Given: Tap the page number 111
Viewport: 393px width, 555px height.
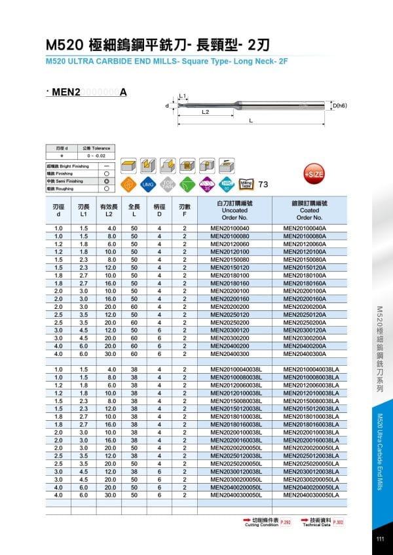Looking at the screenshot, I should [380, 539].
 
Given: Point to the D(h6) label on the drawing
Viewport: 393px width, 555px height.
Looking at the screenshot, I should [339, 105].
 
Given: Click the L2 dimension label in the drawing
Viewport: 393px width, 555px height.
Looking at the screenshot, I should [205, 112].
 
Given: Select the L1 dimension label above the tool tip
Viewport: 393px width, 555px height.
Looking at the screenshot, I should [183, 96].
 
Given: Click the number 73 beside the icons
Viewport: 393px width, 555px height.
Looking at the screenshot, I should [263, 184].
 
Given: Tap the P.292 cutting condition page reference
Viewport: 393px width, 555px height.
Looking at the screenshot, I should [286, 522].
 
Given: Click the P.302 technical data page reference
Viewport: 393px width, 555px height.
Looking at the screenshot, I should [338, 522].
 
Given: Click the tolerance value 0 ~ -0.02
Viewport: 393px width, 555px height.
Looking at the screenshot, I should [87, 156].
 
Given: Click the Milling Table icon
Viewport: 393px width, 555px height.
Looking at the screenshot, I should [247, 185].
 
